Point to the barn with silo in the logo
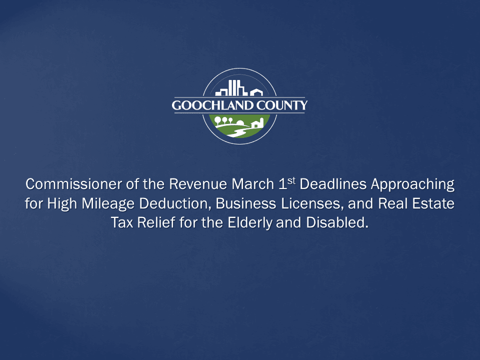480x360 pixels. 257,123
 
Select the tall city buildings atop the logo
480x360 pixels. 232,88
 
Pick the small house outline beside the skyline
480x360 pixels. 256,92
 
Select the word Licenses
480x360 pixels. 298,204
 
